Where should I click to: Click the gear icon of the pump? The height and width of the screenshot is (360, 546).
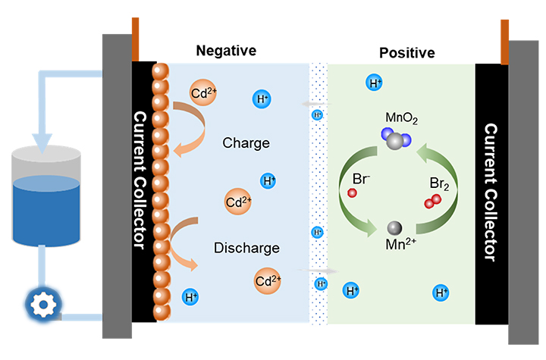42,305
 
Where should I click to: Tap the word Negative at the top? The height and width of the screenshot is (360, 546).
226,51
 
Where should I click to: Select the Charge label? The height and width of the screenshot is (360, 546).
246,142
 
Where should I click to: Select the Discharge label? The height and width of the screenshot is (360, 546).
246,248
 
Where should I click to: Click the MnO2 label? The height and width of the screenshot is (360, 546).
401,118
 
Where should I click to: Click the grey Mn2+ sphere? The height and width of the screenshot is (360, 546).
395,228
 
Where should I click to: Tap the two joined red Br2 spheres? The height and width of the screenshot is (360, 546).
433,201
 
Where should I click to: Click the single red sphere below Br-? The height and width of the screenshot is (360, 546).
352,194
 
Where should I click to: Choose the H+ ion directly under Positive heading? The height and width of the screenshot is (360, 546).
374,83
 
